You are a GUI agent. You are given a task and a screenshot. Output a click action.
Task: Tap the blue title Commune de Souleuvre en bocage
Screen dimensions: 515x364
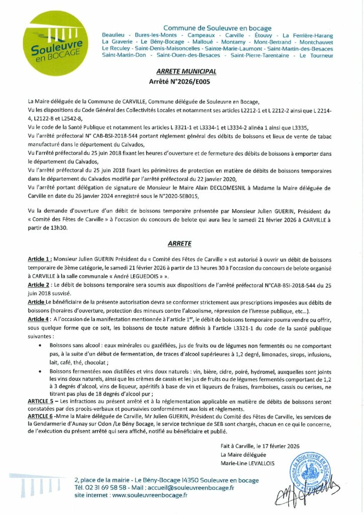point(217,28)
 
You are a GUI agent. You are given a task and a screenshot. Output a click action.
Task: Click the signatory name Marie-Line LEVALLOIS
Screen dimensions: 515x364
point(247,463)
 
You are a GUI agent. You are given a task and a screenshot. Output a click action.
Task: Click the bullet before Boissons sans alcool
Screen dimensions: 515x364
point(40,347)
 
